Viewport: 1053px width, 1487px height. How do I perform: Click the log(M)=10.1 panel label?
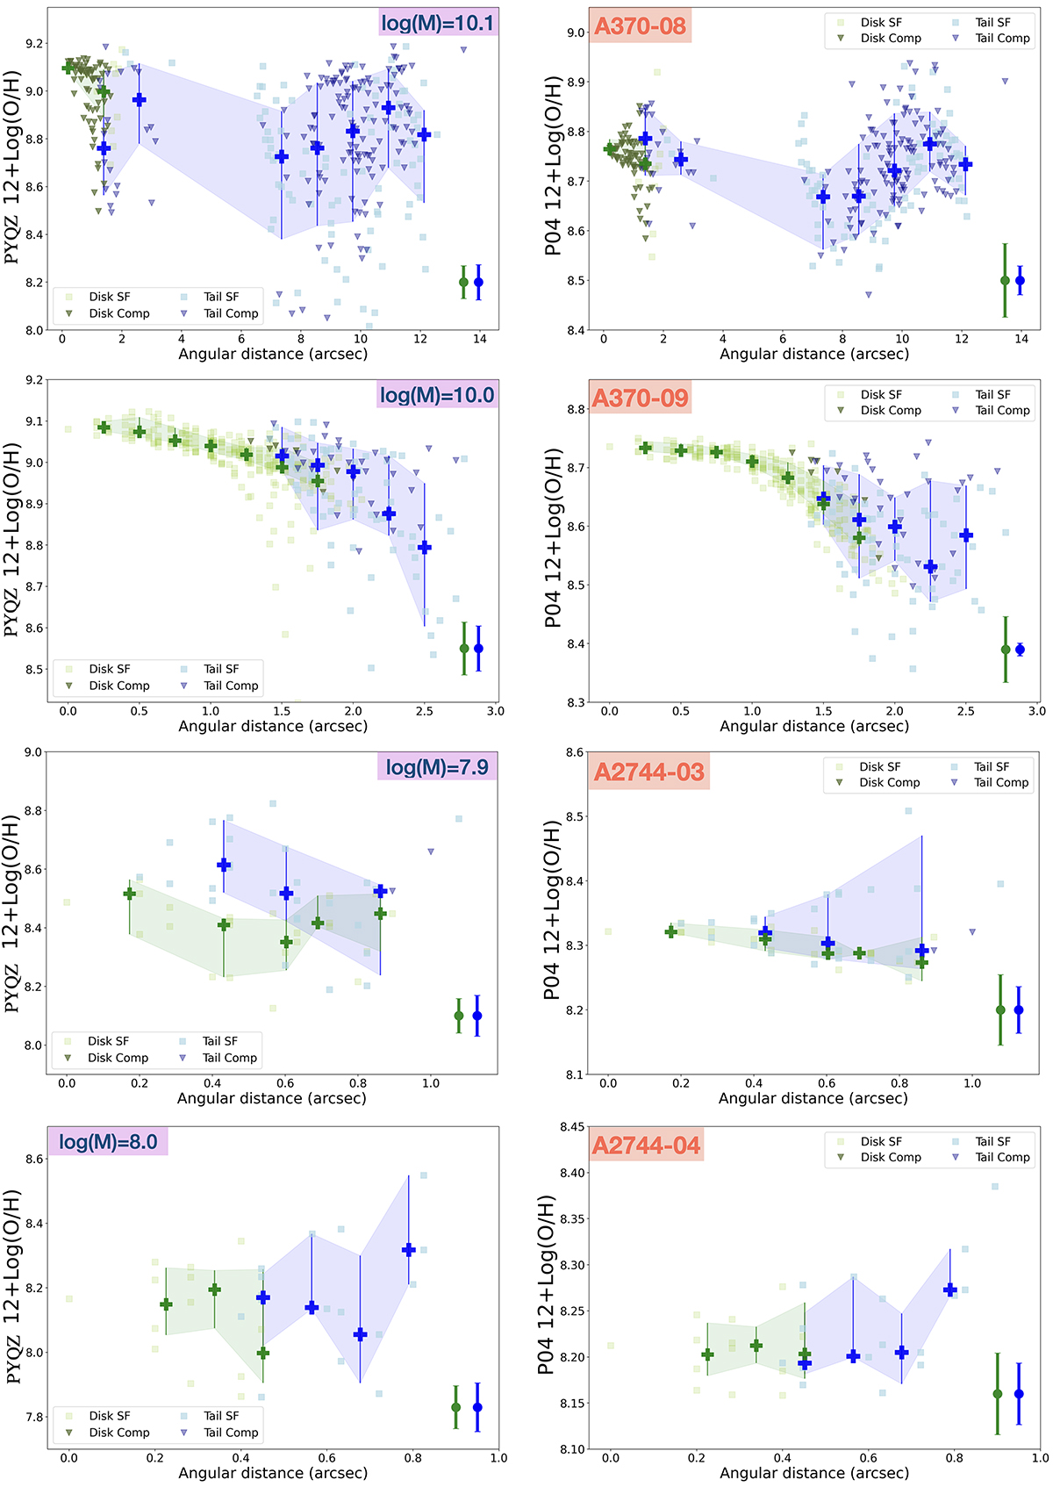pos(438,22)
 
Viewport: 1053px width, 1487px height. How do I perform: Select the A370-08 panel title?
pos(640,25)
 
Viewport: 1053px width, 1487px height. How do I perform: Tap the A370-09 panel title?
pos(640,399)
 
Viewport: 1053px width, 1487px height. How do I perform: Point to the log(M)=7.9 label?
pos(437,767)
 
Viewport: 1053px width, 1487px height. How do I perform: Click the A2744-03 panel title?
pos(648,772)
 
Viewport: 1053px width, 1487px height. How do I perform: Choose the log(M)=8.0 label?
pos(108,1142)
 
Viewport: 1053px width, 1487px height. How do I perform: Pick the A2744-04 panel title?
pos(647,1146)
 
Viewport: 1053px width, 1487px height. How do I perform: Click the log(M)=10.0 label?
pos(437,395)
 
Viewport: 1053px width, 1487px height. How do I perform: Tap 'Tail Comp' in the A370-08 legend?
pos(1002,39)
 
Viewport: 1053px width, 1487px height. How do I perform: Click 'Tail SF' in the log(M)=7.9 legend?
pos(220,1041)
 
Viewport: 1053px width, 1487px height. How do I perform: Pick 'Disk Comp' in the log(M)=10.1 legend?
pos(119,313)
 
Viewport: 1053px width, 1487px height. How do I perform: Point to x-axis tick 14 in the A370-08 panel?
pos(1021,339)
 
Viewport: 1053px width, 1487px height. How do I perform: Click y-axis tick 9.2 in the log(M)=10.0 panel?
pos(34,380)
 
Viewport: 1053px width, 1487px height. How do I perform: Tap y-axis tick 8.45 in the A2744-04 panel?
pos(572,1127)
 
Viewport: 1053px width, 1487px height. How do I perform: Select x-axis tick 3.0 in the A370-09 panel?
pos(1036,711)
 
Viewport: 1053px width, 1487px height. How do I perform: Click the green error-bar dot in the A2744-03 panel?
pos(1000,1010)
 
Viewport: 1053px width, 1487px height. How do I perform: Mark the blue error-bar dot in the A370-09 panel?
pos(1020,650)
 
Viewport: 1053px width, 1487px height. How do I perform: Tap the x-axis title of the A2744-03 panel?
pos(813,1098)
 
